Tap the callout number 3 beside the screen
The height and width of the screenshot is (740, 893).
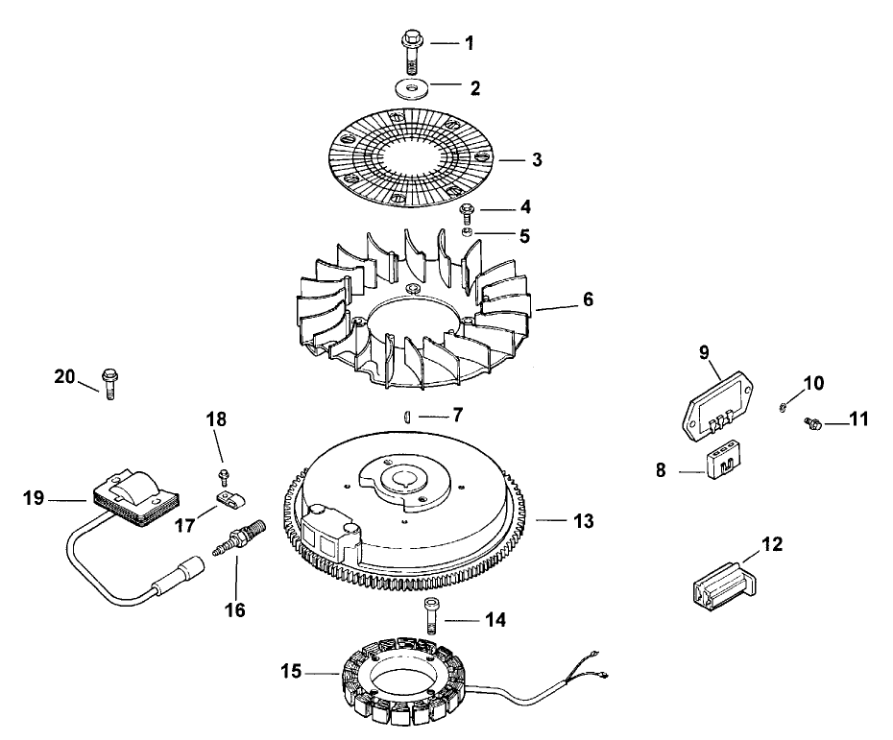coord(537,159)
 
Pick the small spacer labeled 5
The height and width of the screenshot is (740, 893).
coord(466,233)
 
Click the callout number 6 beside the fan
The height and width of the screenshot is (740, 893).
coord(587,299)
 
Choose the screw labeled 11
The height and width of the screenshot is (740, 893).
coord(811,422)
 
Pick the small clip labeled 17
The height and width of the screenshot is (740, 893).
coord(228,497)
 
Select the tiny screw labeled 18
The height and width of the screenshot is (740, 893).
coord(224,474)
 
